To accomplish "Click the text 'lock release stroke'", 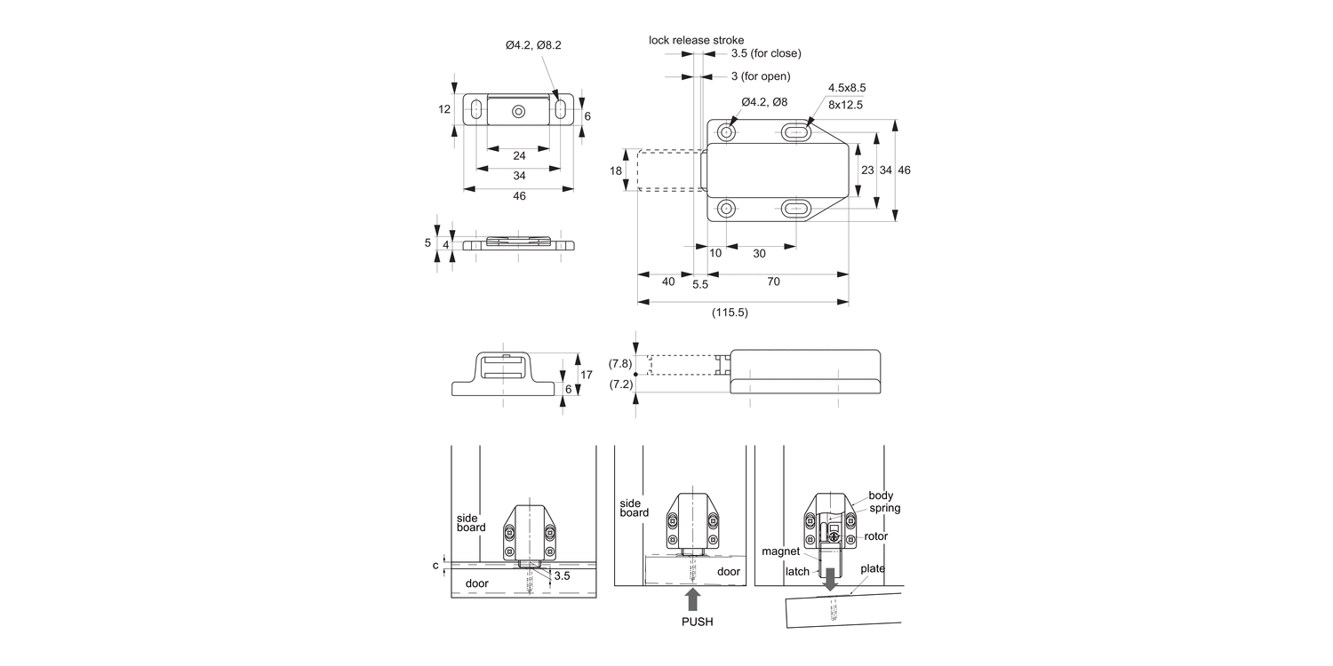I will [696, 40].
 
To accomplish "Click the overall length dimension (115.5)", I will [730, 313].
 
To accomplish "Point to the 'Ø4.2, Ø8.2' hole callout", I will [535, 45].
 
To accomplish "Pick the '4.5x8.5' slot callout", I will [847, 88].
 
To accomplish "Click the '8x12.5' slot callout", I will [845, 104].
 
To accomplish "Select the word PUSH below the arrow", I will [697, 622].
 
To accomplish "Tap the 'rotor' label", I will [874, 536].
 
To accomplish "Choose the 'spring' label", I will [885, 509].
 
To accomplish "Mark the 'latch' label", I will [797, 572].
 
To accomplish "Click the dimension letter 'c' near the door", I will [435, 565].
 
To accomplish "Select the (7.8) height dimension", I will [620, 363].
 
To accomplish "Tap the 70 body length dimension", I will [773, 281].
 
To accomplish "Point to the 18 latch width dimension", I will [616, 170].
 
